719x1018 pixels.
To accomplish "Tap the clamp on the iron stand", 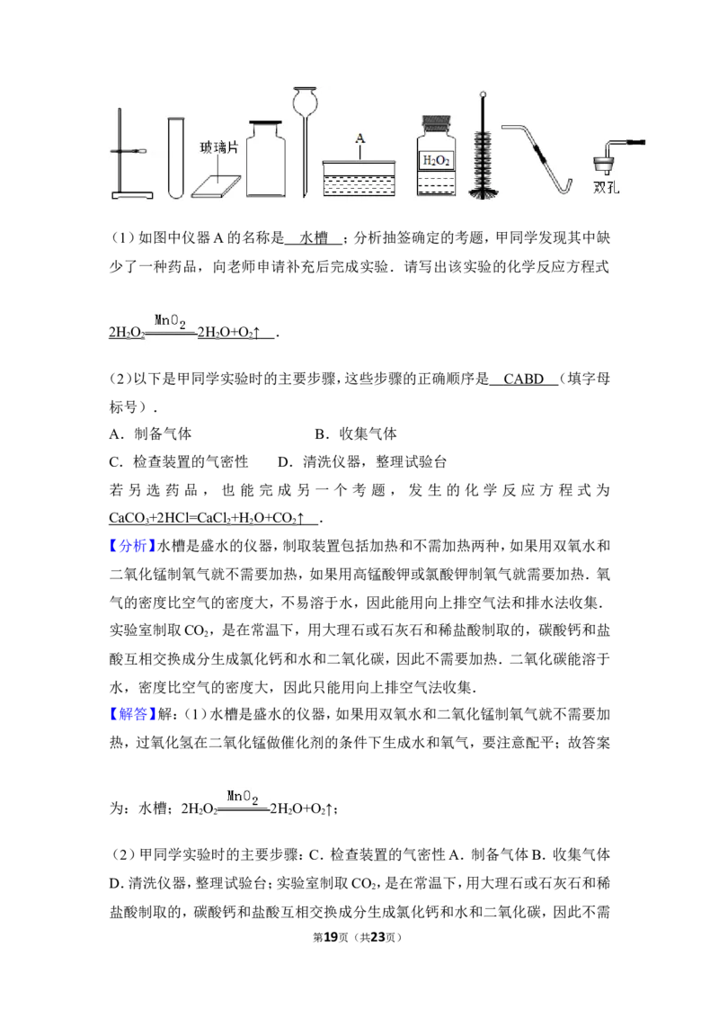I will [x=135, y=153].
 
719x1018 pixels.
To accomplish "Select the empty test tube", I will [x=173, y=157].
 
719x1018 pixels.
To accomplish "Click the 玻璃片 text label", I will [x=219, y=147].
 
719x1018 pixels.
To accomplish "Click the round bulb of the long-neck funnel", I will [x=306, y=103].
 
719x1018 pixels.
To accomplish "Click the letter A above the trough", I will [x=359, y=138].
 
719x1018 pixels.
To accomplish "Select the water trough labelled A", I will [x=359, y=178].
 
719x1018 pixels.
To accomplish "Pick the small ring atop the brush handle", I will [x=484, y=94].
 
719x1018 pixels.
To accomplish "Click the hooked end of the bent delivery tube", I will [x=565, y=187].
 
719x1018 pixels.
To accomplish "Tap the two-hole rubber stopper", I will [x=601, y=164].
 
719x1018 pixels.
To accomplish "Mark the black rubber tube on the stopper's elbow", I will [x=633, y=141].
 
